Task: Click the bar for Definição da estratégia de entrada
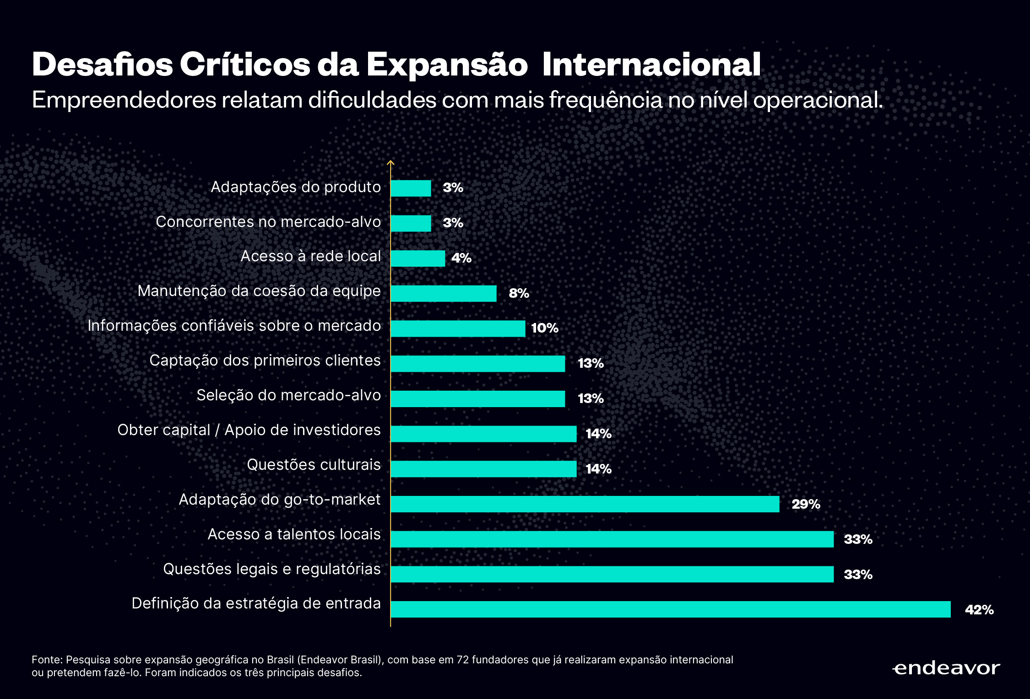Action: coord(670,609)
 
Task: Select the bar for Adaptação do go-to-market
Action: coord(585,504)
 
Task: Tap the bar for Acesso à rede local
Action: coord(417,258)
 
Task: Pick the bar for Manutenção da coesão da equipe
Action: coord(443,294)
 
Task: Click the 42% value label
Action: coord(979,610)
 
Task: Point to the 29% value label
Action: coord(806,504)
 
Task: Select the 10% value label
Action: coord(544,328)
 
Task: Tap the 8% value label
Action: coord(519,293)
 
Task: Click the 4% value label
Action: coord(461,258)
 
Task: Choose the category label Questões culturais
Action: coord(314,465)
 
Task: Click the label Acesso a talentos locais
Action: coord(294,534)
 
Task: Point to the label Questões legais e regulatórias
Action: coord(272,569)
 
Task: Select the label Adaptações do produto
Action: coord(296,187)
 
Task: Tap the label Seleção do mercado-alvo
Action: coord(288,395)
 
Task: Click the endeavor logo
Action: coord(946,668)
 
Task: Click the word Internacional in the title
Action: coord(651,65)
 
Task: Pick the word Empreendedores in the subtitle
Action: coord(124,100)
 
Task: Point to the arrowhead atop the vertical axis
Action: coord(390,162)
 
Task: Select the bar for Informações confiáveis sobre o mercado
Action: coord(458,328)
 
